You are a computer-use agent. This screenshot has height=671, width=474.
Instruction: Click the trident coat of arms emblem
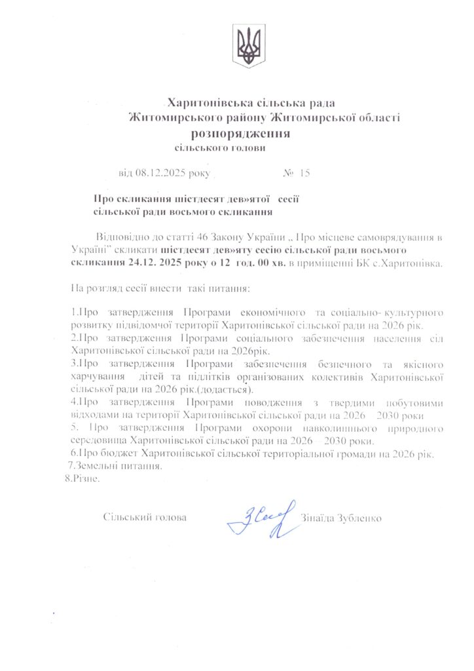click(249, 46)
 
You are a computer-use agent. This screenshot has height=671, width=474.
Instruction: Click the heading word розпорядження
click(240, 133)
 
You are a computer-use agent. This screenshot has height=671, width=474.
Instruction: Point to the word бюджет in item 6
click(124, 453)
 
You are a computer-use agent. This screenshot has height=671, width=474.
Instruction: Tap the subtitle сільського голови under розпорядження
click(220, 148)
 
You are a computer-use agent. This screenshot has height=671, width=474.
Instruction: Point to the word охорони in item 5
click(256, 429)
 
